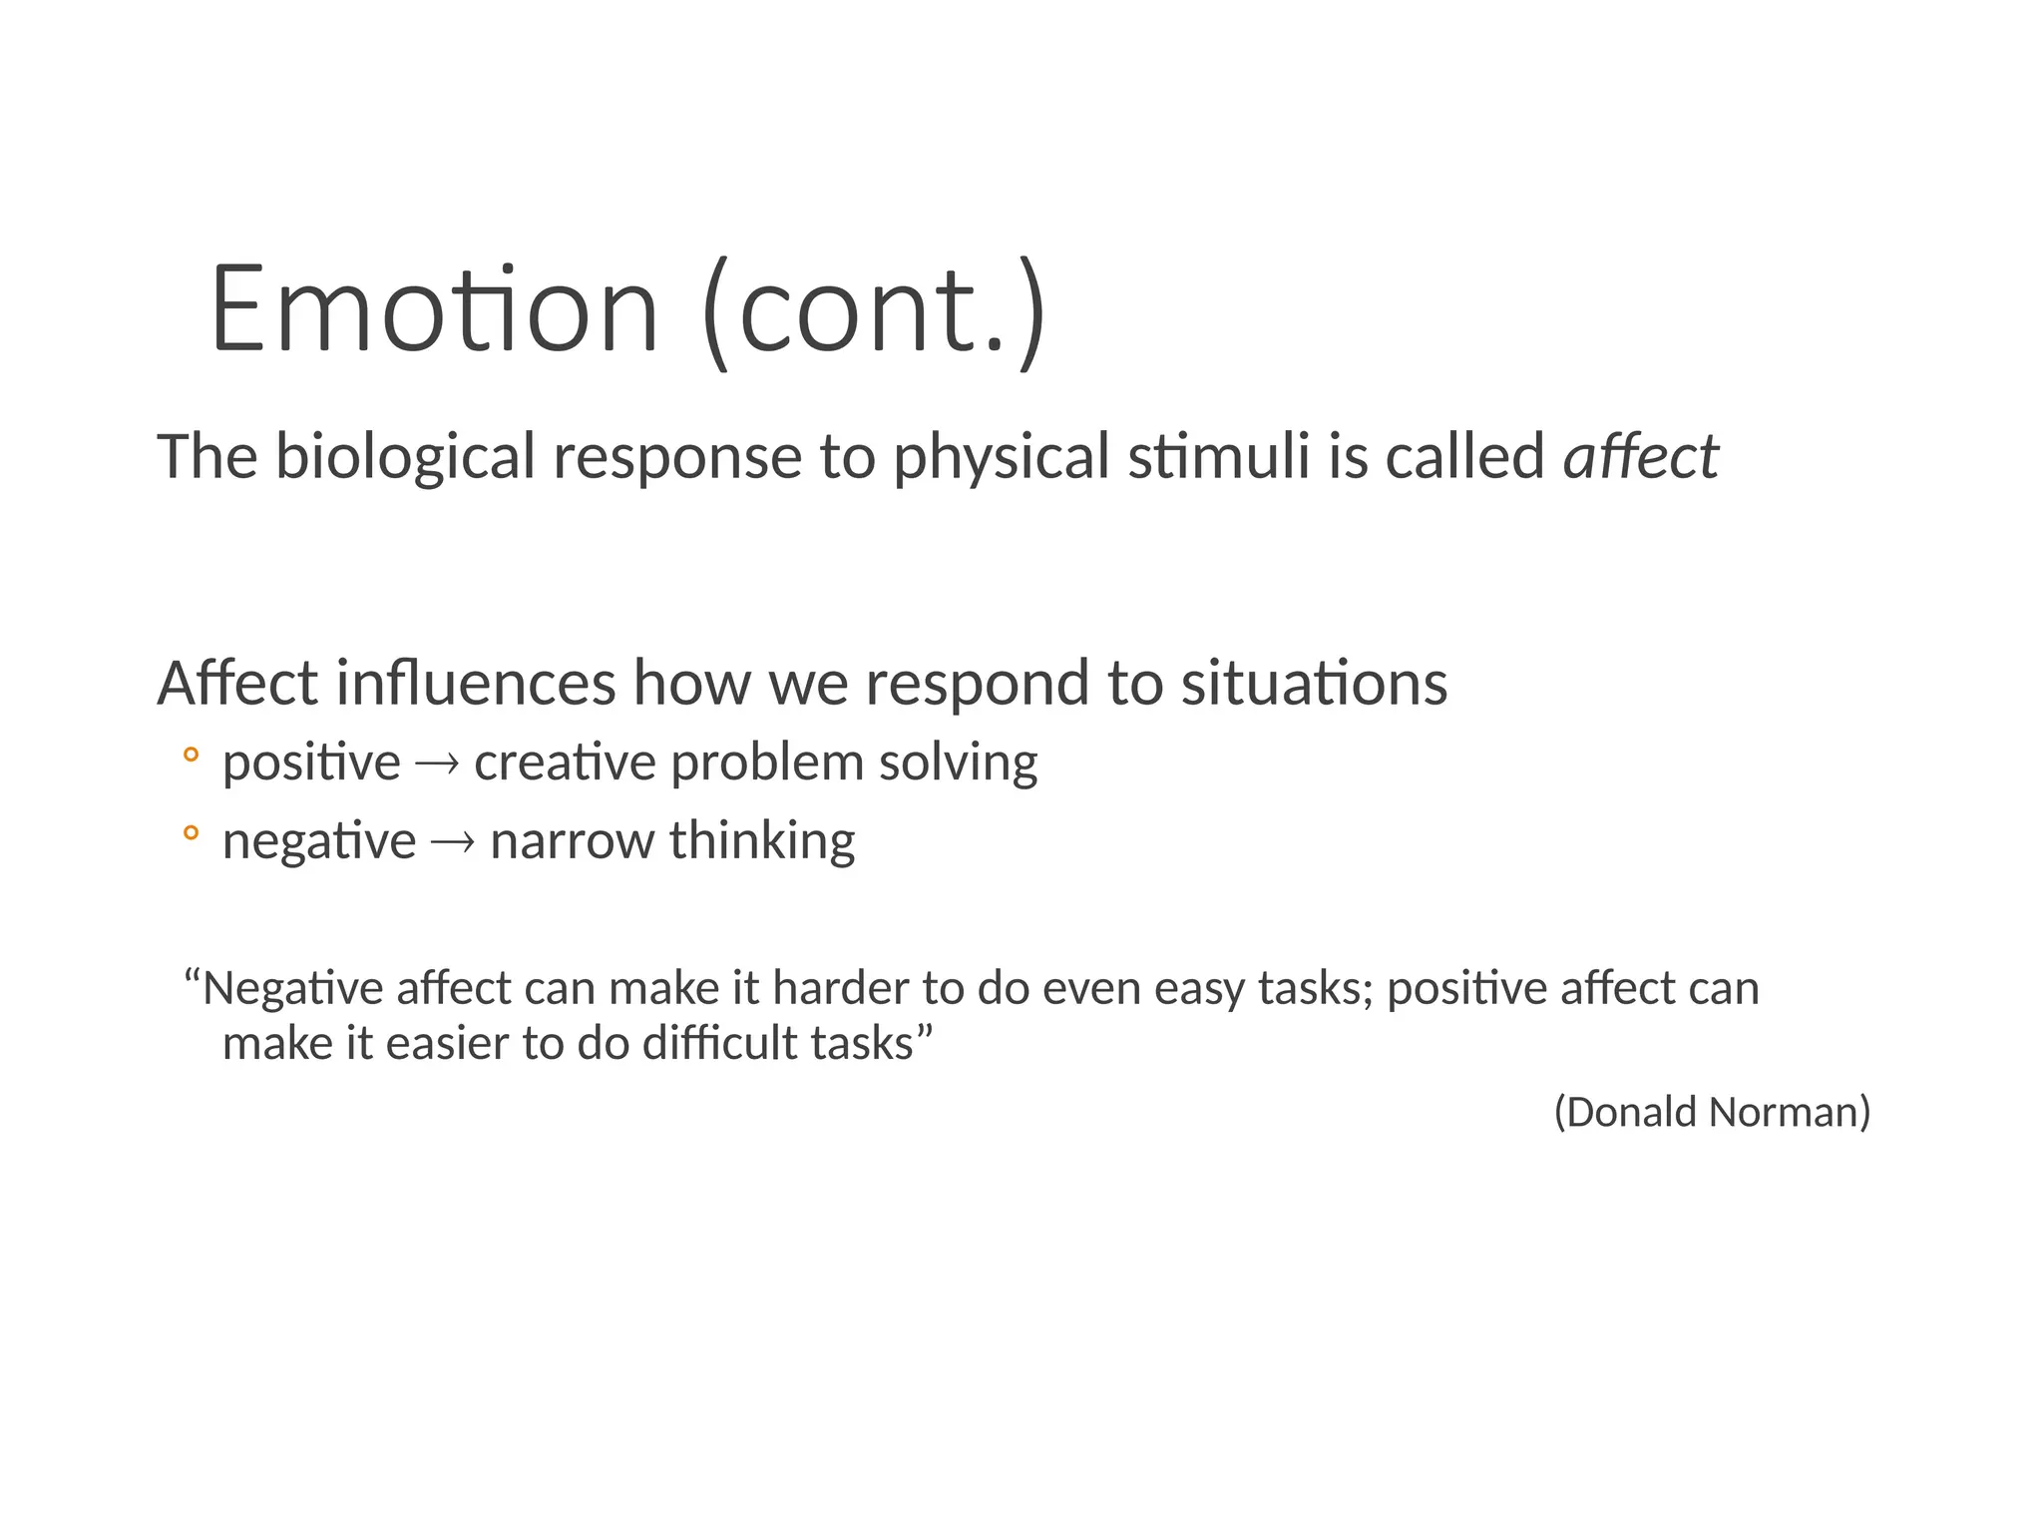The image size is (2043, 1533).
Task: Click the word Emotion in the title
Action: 434,309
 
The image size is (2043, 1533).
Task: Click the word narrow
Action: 572,840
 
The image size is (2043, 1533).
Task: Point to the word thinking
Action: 762,840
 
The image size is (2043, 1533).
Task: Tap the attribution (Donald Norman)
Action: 1712,1112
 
